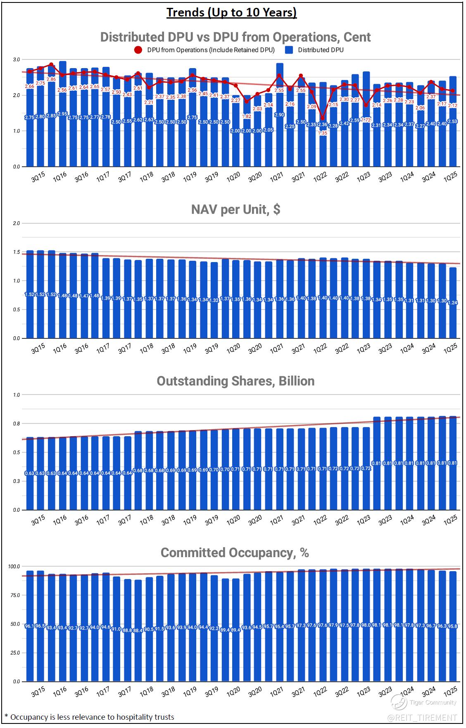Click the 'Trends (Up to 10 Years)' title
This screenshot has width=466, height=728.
coord(232,12)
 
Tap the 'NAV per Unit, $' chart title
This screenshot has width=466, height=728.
coord(235,209)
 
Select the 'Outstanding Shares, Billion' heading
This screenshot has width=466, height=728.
coord(235,381)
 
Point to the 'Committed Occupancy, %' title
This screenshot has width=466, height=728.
coord(235,552)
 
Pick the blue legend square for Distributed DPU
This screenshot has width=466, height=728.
coord(290,50)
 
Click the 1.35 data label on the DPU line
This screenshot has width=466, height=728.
coord(322,133)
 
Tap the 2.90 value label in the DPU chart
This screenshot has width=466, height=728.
coord(280,115)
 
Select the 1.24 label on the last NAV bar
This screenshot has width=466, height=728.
coord(453,303)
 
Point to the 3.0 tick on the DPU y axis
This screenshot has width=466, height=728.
coord(16,60)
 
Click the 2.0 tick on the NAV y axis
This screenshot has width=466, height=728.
coord(16,223)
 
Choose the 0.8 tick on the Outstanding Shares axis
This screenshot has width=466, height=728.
coord(16,423)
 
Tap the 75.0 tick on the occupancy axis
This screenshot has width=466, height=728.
coord(15,595)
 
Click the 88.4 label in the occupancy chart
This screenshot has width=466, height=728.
coord(138,631)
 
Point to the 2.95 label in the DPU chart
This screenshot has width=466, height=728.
coord(62,114)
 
